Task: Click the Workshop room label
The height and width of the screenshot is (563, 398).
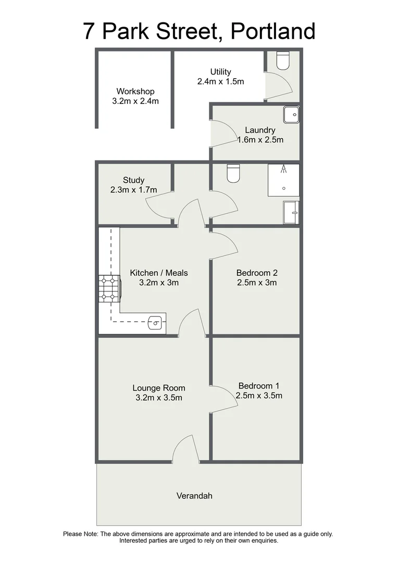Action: [x=135, y=91]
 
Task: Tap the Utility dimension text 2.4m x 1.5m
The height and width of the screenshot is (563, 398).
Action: [x=220, y=81]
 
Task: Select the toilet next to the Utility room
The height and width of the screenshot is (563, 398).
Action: [x=283, y=60]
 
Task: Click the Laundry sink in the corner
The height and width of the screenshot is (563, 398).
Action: [x=291, y=113]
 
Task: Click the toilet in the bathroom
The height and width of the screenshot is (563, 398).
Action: [x=233, y=173]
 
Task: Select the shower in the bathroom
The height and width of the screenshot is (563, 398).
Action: [x=283, y=180]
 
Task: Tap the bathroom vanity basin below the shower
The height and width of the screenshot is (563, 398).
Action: [x=291, y=212]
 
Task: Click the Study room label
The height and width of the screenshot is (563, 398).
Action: [x=133, y=180]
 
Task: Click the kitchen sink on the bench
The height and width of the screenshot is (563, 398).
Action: [x=156, y=323]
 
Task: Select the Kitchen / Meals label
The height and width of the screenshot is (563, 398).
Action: [x=159, y=273]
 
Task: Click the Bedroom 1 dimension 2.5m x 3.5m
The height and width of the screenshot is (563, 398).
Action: [x=259, y=396]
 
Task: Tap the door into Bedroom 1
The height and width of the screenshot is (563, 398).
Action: [x=223, y=399]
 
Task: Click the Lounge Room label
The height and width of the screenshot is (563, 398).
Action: [x=159, y=388]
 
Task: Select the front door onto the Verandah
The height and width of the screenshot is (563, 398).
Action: [x=185, y=449]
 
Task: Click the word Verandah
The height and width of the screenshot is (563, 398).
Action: [x=194, y=496]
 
